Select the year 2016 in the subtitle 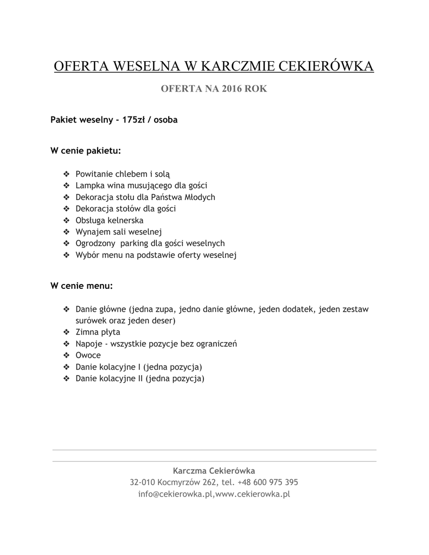coord(232,89)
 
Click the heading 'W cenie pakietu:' coord(86,150)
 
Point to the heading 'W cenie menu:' coord(82,285)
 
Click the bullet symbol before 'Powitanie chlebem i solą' coord(67,174)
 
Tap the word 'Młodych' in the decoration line coord(199,197)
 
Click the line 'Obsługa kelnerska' coord(110,220)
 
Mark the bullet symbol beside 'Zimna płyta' coord(67,332)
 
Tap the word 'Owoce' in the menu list coord(88,355)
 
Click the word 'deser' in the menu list coord(161,321)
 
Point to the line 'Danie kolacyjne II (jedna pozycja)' coord(140,378)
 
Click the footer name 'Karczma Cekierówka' coord(214,470)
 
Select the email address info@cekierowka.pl coord(176,494)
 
